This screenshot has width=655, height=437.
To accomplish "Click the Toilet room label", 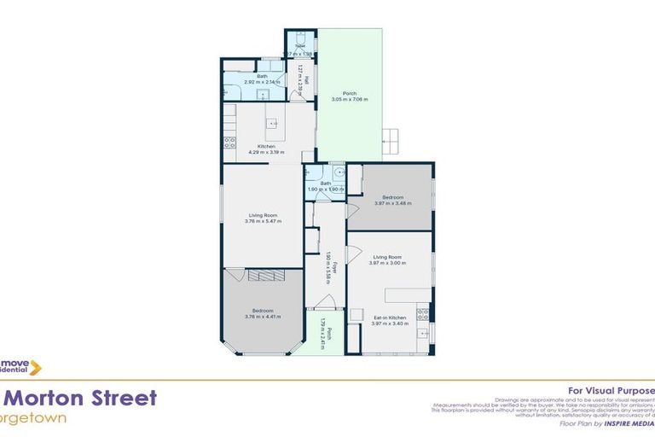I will click(299, 48).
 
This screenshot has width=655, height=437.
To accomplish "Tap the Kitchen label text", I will click(266, 147).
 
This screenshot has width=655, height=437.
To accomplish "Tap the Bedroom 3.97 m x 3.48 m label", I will click(392, 200).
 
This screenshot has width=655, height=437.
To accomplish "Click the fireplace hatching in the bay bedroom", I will click(264, 275).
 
